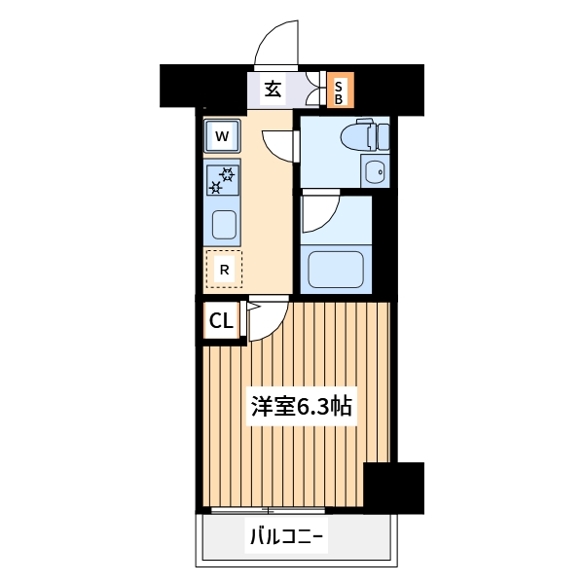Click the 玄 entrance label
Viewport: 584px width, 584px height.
click(274, 90)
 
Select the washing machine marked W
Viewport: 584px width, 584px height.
click(222, 136)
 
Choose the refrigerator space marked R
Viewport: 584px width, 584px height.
click(224, 270)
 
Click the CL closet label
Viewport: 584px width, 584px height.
click(221, 320)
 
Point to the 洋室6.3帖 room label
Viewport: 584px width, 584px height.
click(302, 407)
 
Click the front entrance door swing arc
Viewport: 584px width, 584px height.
click(275, 44)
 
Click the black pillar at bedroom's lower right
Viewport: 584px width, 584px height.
click(393, 487)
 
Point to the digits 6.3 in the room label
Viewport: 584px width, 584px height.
click(311, 407)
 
